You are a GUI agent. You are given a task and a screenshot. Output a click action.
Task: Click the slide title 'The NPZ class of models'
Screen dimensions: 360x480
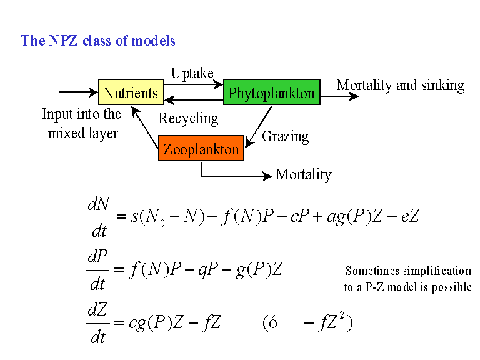click(98, 41)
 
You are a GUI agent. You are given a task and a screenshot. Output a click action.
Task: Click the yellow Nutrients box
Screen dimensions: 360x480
click(131, 92)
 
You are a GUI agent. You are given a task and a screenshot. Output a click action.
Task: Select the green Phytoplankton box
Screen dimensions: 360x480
click(272, 92)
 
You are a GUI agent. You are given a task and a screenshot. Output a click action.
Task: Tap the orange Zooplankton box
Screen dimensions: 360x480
click(201, 149)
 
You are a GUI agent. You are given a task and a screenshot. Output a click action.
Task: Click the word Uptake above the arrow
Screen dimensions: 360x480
click(192, 73)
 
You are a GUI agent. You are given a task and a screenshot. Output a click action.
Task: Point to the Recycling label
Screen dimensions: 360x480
click(188, 118)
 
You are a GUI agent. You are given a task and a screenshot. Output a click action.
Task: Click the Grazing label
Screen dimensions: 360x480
click(285, 136)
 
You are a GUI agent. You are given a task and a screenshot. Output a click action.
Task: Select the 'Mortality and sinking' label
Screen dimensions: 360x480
click(401, 85)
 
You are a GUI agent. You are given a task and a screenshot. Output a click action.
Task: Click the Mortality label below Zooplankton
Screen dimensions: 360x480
click(304, 174)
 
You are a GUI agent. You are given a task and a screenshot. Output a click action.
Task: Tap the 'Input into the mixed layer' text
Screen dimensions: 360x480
click(82, 124)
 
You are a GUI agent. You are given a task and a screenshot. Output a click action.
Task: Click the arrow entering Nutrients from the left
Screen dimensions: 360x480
click(79, 92)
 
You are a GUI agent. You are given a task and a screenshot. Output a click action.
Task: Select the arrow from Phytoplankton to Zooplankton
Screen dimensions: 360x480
click(259, 127)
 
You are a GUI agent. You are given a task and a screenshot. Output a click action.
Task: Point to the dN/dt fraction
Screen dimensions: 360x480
click(99, 216)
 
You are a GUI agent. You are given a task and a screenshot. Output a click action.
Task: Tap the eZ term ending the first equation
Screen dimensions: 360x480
click(411, 217)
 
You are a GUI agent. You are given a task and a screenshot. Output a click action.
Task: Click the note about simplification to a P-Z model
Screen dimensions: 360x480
click(407, 279)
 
